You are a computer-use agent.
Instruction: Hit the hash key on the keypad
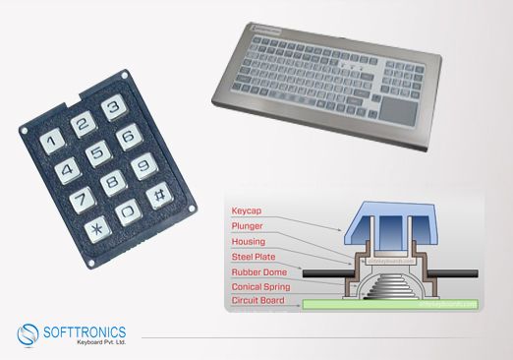click(154, 195)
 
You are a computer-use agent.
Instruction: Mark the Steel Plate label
click(254, 257)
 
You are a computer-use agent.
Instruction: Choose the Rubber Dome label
click(258, 271)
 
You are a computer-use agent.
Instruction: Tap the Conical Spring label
click(262, 286)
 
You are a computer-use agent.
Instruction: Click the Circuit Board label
click(260, 301)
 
